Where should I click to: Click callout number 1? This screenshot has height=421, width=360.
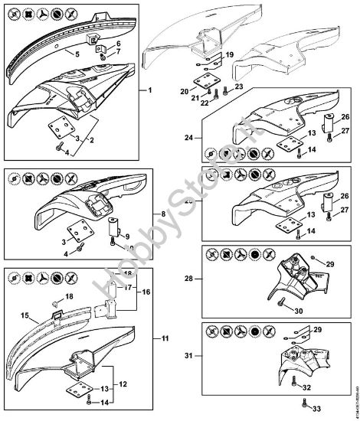151,90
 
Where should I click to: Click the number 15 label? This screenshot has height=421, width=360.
25,315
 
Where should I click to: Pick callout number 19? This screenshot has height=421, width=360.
229,55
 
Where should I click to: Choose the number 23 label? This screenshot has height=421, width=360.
238,87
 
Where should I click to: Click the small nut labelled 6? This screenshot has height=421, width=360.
102,54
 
